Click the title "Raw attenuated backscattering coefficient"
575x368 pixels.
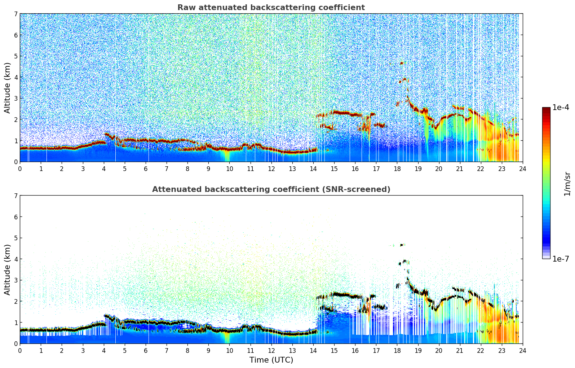tap(271, 8)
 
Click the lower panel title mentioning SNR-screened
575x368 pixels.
tap(271, 189)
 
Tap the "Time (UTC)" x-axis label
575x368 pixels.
tap(271, 360)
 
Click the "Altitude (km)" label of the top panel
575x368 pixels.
tap(7, 88)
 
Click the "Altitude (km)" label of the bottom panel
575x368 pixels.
tap(7, 270)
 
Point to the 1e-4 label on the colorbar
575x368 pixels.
tap(561, 108)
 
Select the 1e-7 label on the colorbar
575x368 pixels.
tap(561, 259)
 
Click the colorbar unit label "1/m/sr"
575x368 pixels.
tap(567, 184)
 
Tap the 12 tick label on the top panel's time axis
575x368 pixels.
tap(271, 168)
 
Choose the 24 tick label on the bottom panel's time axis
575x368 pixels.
tap(522, 350)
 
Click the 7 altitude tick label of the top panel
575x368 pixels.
tap(16, 14)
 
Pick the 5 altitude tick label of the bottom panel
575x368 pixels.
tap(16, 238)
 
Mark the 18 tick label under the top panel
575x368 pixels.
tap(397, 168)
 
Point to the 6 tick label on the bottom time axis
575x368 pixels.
tap(146, 350)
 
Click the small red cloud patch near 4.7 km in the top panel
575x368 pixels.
tap(401, 63)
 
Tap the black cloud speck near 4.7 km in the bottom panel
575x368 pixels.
tap(401, 245)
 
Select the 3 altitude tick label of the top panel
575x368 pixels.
tap(16, 98)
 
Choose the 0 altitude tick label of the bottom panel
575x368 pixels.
tap(16, 344)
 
